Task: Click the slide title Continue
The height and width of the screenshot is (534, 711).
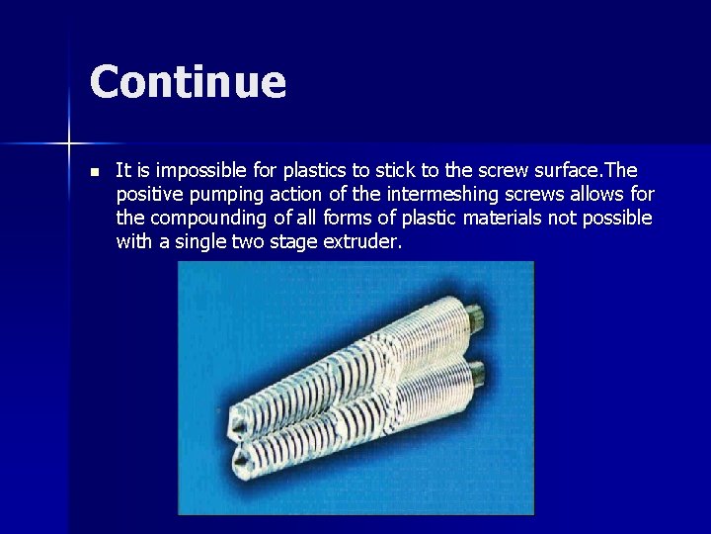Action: coord(188,81)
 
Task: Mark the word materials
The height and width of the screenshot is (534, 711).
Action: coord(491,218)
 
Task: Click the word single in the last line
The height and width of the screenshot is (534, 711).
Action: coord(200,240)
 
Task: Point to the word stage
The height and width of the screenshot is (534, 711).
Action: coord(295,240)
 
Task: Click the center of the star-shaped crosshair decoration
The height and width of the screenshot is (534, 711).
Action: coord(70,144)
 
